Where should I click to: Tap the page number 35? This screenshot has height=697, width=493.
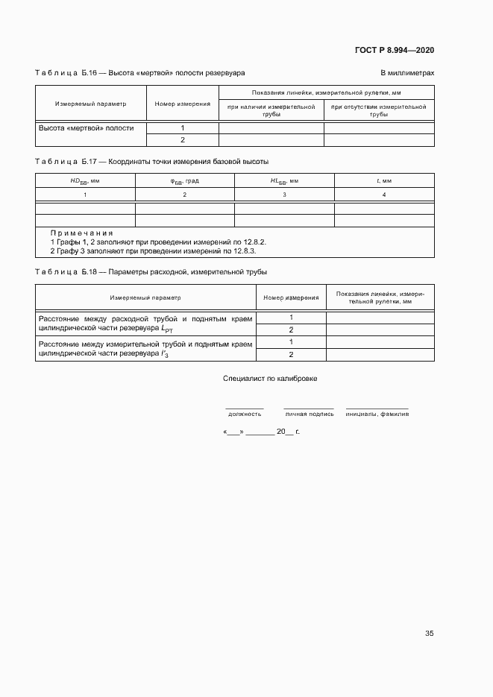(429, 634)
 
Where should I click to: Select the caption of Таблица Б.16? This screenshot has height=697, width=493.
(140, 73)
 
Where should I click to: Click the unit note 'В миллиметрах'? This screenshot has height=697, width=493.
(407, 73)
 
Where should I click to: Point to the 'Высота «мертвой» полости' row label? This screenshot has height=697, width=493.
(87, 128)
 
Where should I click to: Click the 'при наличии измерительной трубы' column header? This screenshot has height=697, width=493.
(271, 111)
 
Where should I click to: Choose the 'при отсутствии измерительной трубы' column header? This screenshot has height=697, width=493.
(378, 111)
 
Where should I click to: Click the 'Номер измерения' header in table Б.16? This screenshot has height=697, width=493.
(182, 104)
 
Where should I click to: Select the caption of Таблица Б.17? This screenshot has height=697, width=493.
(152, 162)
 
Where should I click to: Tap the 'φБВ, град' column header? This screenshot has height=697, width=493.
(184, 180)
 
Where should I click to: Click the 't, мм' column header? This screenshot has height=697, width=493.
(383, 180)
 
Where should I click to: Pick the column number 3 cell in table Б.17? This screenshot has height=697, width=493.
(284, 195)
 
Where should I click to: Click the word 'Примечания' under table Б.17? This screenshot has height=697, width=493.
(81, 233)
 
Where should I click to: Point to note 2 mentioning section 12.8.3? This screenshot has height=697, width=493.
(153, 251)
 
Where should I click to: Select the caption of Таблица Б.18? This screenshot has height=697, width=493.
(151, 272)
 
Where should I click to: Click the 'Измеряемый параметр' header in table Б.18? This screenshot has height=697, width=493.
(145, 297)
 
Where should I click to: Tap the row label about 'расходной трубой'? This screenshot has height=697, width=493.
(145, 323)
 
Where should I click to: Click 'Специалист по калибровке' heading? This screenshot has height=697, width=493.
(270, 379)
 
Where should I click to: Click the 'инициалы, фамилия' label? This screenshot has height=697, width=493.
(377, 414)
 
